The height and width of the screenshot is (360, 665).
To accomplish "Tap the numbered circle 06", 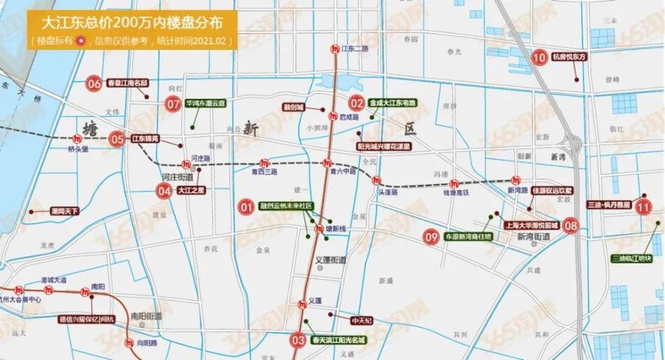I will click(x=94, y=83).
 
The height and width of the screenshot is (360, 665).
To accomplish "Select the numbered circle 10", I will click(x=539, y=57).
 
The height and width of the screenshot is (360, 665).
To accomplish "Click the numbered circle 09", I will click(x=432, y=235).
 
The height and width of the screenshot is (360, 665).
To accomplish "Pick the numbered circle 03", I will click(x=298, y=339).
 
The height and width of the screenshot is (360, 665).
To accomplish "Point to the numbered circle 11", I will click(x=643, y=206).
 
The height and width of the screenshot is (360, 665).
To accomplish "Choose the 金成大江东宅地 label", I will click(x=393, y=104).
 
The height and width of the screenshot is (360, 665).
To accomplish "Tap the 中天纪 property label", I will click(x=361, y=320).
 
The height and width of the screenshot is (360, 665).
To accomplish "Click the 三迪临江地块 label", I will click(x=636, y=258).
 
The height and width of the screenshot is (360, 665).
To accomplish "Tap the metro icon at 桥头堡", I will click(x=78, y=138).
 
